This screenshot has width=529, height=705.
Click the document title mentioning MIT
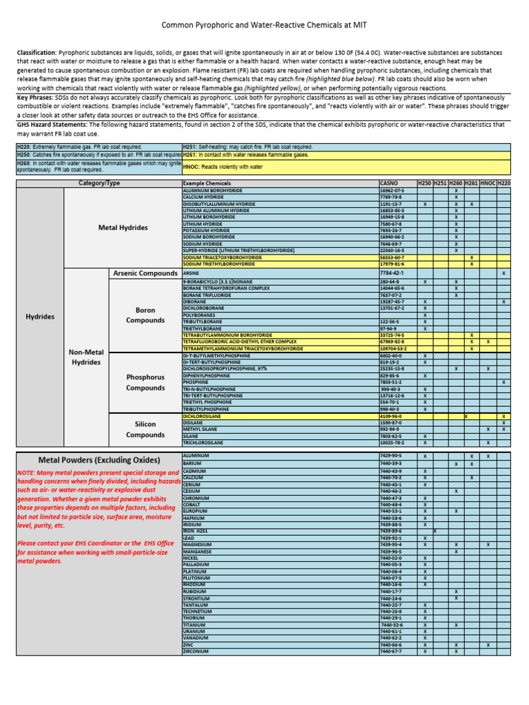pyautogui.click(x=264, y=25)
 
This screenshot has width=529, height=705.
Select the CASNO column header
pyautogui.click(x=389, y=183)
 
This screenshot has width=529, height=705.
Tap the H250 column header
pyautogui.click(x=424, y=183)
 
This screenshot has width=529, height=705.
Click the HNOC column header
pyautogui.click(x=488, y=183)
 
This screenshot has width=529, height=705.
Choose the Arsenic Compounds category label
pyautogui.click(x=145, y=273)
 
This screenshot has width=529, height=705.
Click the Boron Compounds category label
pyautogui.click(x=145, y=315)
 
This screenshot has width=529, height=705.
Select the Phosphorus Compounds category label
pyautogui.click(x=145, y=382)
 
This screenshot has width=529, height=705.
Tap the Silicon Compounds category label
pyautogui.click(x=145, y=430)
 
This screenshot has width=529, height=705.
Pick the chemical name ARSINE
pyautogui.click(x=191, y=273)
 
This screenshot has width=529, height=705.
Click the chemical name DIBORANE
pyautogui.click(x=194, y=302)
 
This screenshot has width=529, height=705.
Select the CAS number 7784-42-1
pyautogui.click(x=392, y=273)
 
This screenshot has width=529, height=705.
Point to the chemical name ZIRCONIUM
pyautogui.click(x=196, y=651)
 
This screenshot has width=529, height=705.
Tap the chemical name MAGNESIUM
pyautogui.click(x=197, y=545)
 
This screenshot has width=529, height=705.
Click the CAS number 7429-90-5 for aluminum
pyautogui.click(x=391, y=456)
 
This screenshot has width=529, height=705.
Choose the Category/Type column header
pyautogui.click(x=99, y=183)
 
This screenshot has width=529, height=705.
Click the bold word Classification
pyautogui.click(x=37, y=52)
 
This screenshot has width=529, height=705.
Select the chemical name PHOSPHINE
pyautogui.click(x=196, y=382)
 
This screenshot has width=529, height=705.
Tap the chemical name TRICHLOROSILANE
pyautogui.click(x=204, y=443)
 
